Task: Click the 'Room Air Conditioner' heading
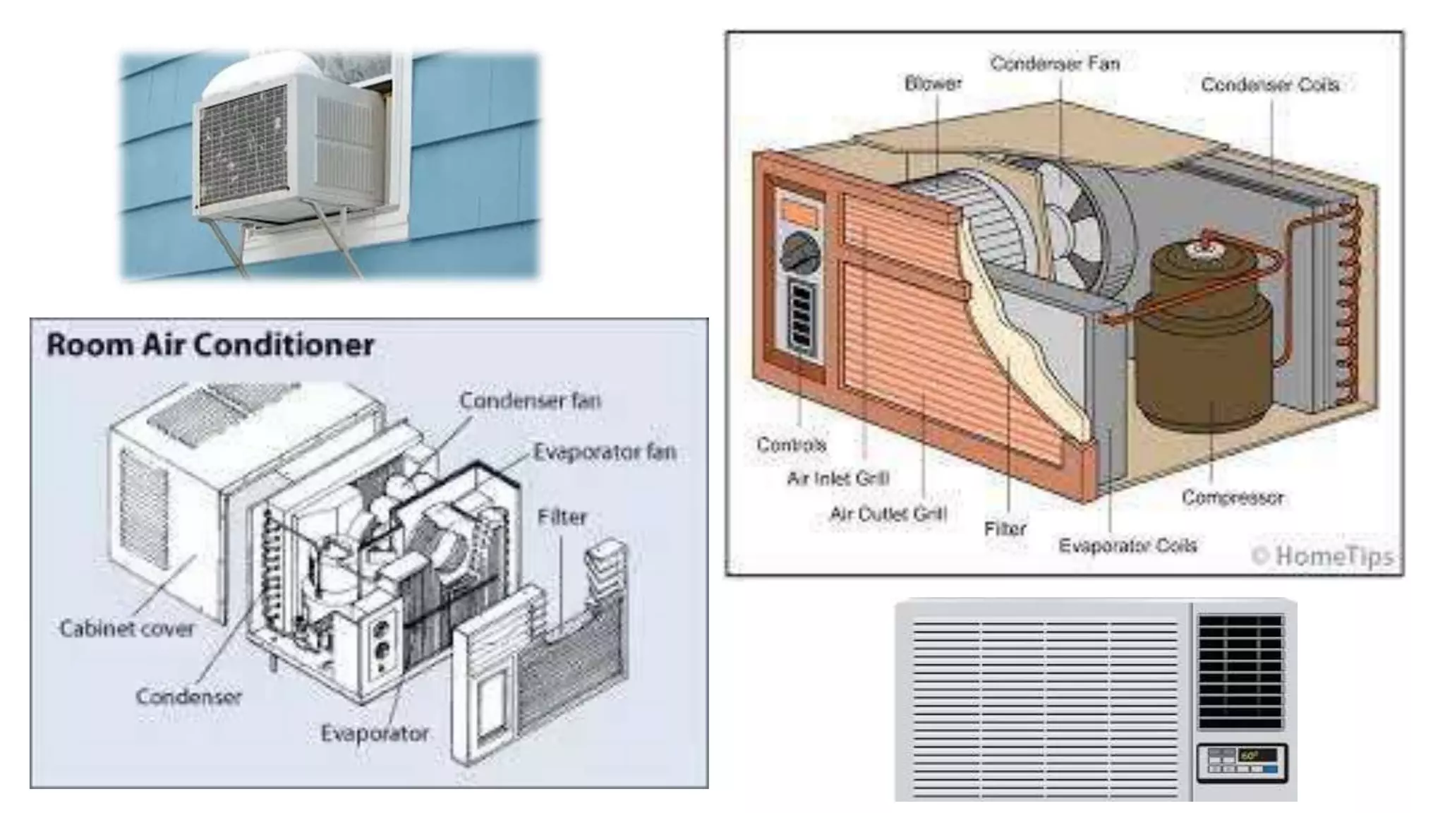210,346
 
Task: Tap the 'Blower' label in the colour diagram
933,83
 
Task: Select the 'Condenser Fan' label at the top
1055,64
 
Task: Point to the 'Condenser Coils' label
1269,85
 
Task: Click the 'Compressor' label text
1232,498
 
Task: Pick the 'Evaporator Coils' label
1127,546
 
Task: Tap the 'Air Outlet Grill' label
888,514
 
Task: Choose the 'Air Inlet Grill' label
838,478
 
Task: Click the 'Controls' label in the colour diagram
791,445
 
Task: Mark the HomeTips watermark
1324,556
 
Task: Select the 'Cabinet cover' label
126,628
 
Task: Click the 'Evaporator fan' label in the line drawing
605,452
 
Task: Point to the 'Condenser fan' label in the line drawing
530,401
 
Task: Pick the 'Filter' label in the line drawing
562,517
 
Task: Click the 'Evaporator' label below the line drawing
375,733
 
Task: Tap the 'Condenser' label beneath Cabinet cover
188,697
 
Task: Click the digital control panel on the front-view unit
1242,763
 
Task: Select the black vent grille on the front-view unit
1240,670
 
